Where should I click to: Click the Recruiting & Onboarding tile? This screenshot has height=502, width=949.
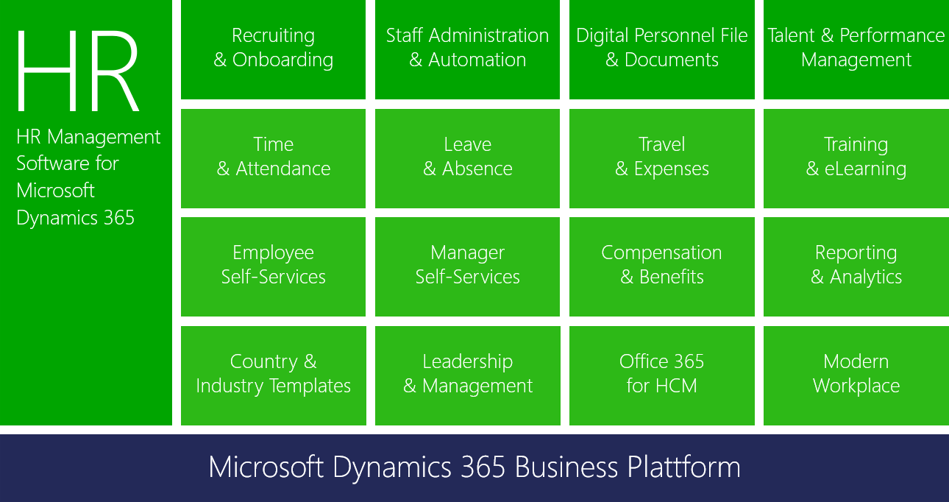click(273, 49)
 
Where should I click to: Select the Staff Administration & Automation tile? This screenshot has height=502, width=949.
click(467, 49)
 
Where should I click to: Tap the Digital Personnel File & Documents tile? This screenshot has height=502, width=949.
click(662, 49)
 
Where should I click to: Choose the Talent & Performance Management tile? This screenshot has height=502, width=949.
click(856, 49)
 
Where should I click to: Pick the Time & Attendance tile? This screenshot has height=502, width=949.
click(273, 158)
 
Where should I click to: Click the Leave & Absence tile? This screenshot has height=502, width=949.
click(467, 158)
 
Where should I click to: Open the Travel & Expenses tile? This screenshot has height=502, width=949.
click(662, 158)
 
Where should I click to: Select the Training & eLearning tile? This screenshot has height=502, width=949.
click(856, 158)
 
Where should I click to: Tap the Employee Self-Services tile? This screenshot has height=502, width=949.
click(273, 266)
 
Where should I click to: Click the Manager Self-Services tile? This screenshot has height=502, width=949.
click(467, 266)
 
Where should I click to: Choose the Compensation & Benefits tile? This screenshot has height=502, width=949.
click(662, 266)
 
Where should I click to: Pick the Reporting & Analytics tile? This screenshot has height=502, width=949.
click(856, 266)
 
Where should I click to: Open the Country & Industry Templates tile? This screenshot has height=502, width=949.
click(273, 375)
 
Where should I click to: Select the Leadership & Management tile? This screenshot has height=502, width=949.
click(468, 375)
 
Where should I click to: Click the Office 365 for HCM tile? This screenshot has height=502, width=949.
click(662, 375)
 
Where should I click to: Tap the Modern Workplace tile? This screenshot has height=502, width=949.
click(856, 375)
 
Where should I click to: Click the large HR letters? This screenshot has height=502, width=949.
click(79, 71)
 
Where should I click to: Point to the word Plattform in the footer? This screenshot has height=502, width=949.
click(683, 467)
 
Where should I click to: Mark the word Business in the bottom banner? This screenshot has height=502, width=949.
click(566, 467)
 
